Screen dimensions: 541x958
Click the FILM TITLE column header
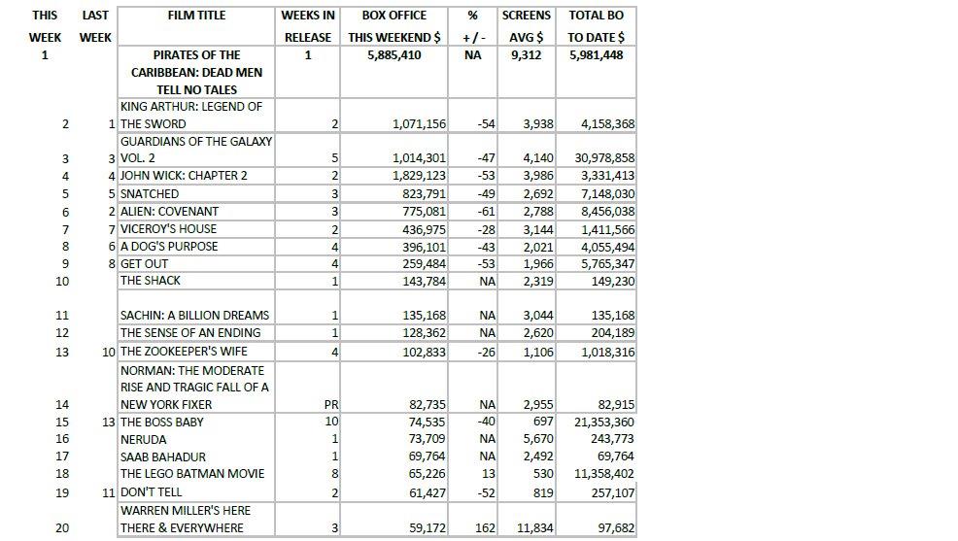click(196, 16)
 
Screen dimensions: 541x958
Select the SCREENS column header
click(526, 16)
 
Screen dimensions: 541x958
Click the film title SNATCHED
click(149, 194)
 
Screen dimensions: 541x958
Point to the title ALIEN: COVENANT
click(169, 212)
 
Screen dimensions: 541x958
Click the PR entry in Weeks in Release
click(329, 405)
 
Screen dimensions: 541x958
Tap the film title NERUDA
click(143, 440)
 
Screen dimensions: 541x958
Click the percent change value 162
click(486, 528)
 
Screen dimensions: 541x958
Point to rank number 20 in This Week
click(62, 528)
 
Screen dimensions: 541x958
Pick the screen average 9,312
click(526, 55)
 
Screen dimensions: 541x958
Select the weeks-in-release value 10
click(330, 423)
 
